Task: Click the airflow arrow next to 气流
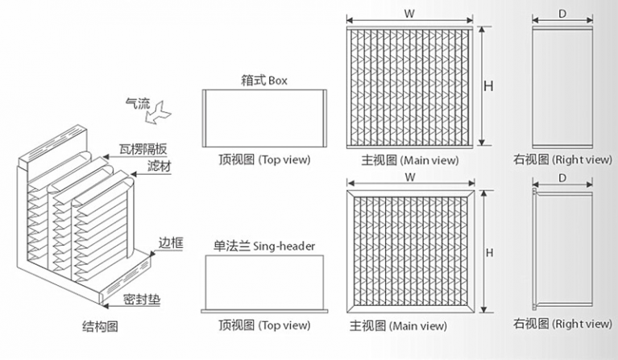tap(159, 113)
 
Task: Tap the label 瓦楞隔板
tap(143, 149)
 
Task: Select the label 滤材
tap(160, 166)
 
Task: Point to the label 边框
tap(171, 242)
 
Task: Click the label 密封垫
tap(142, 300)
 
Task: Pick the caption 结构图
tap(100, 325)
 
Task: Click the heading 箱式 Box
tap(264, 81)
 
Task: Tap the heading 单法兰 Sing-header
tap(264, 246)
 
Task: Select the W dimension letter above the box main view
tap(409, 14)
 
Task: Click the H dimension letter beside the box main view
tap(488, 85)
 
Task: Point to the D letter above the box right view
tap(562, 14)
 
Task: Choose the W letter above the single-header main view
tap(410, 177)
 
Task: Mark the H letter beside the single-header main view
tap(489, 252)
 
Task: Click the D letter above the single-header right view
tap(562, 178)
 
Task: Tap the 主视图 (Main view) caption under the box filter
tap(410, 160)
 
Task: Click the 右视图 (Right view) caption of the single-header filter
tap(563, 324)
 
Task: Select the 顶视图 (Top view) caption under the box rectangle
tap(264, 159)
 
